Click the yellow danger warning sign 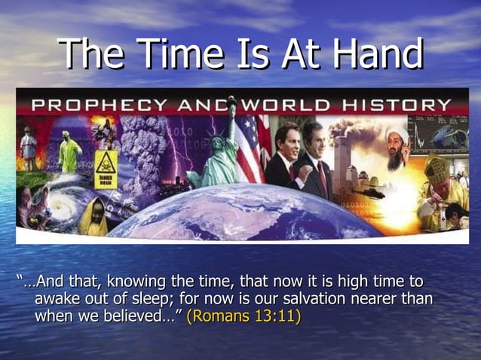click(105, 164)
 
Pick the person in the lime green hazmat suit click(70, 153)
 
